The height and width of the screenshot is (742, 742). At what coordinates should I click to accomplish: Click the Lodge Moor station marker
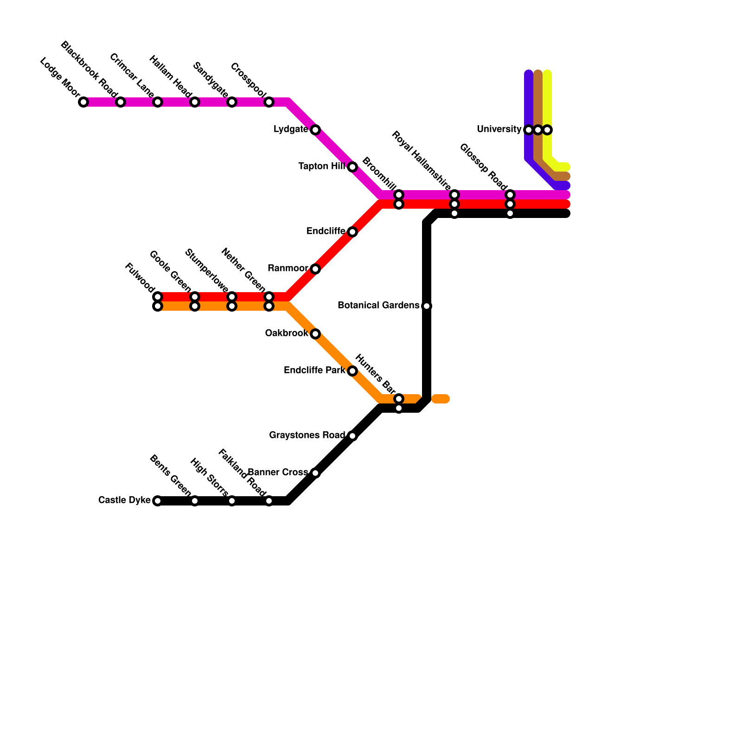(83, 102)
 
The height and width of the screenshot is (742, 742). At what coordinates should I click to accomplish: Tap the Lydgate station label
(291, 129)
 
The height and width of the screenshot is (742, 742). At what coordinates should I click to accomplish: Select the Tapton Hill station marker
(352, 167)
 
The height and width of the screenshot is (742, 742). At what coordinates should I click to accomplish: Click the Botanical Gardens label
(378, 306)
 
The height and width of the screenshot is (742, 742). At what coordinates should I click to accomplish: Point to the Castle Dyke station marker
(158, 501)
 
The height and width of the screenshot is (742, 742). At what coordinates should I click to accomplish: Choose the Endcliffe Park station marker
(352, 371)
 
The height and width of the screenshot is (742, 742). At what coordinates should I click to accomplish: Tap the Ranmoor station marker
(315, 269)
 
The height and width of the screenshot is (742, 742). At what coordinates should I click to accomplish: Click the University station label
(499, 129)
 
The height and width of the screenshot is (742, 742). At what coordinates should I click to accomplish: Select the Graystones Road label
(307, 435)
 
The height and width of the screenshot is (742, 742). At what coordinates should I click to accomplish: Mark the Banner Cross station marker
(315, 473)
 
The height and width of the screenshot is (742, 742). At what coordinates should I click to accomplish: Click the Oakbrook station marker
(315, 334)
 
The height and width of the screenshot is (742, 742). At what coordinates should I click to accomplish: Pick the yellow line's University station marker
(548, 130)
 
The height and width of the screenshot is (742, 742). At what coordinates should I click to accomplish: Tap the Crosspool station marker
(269, 102)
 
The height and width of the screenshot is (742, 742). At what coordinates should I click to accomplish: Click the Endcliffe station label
(326, 231)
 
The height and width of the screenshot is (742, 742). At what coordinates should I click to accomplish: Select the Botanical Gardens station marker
(427, 306)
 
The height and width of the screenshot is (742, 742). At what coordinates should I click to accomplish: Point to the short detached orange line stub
(441, 399)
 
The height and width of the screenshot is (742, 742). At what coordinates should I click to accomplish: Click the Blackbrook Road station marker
(121, 102)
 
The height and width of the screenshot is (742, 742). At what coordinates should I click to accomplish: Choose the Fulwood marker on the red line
(158, 297)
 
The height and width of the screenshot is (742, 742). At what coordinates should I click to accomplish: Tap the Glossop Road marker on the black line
(510, 214)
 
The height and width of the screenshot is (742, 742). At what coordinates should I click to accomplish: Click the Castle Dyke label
(124, 500)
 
